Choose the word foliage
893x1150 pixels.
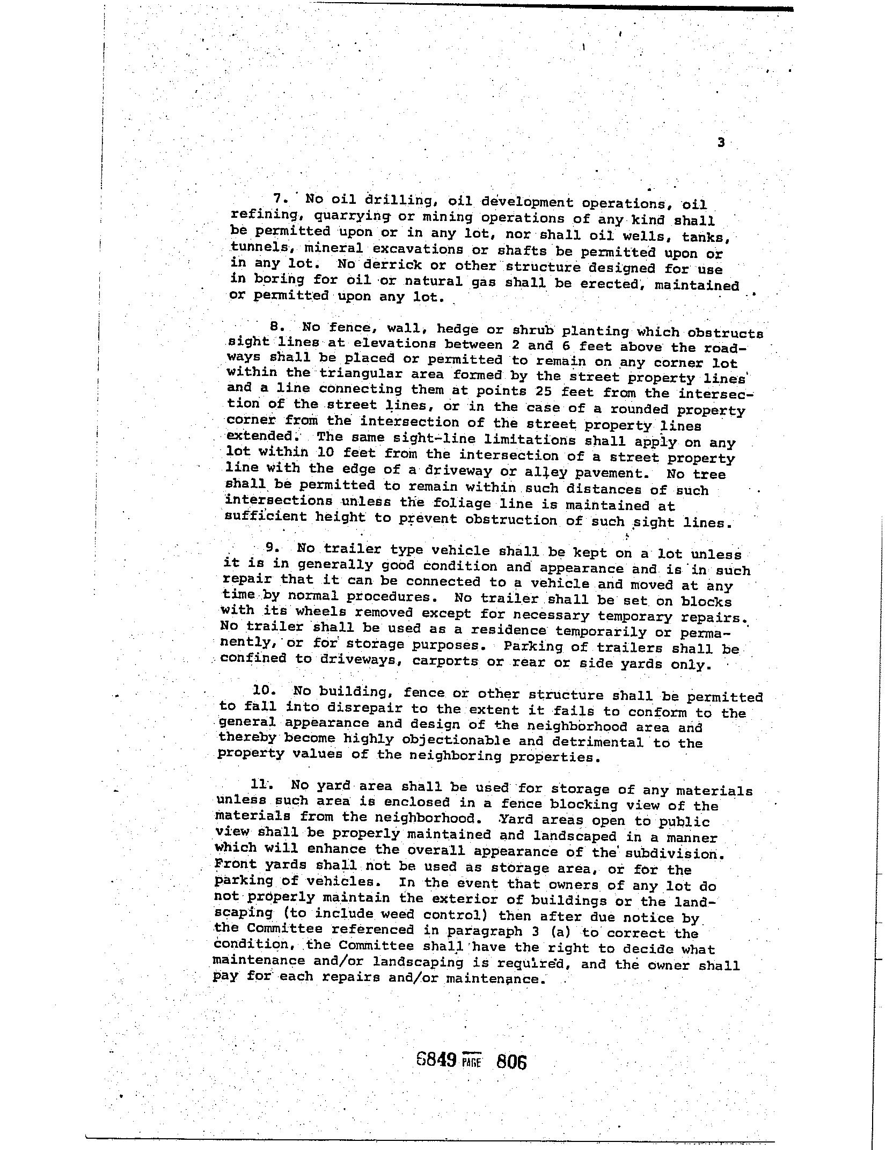tap(463, 504)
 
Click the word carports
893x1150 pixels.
tap(445, 661)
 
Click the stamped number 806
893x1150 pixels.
tap(511, 1061)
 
